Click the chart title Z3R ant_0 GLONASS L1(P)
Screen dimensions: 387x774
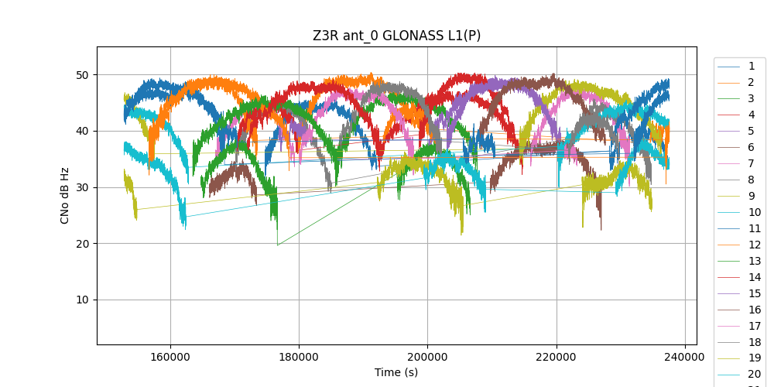click(x=396, y=36)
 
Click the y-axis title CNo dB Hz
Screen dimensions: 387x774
click(x=65, y=195)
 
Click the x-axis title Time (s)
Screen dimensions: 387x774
click(x=396, y=372)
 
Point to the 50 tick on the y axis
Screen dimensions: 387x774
click(x=83, y=75)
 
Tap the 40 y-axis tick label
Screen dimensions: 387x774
click(x=83, y=132)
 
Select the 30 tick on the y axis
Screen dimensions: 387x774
click(x=83, y=187)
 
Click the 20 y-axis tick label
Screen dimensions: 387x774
click(x=83, y=244)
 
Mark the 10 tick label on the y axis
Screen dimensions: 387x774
click(x=83, y=300)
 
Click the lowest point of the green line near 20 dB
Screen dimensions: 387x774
click(x=278, y=245)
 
